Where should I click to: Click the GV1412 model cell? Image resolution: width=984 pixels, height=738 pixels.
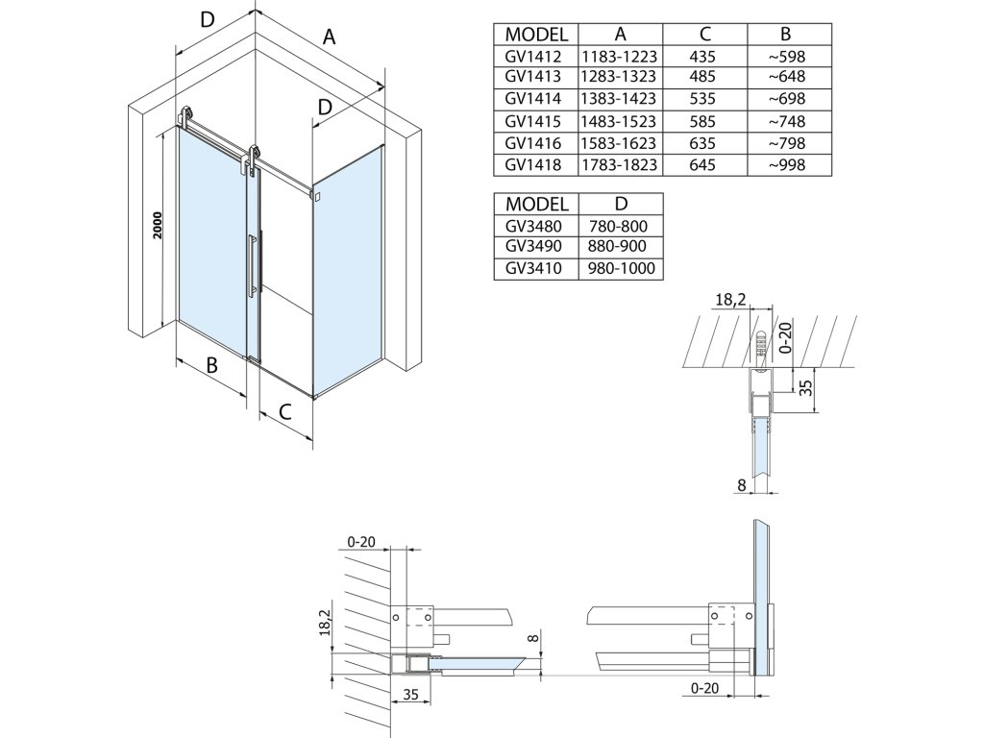click(x=532, y=57)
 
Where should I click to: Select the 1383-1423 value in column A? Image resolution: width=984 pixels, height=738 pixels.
click(x=619, y=99)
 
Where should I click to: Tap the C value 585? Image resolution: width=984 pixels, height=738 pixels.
click(x=702, y=121)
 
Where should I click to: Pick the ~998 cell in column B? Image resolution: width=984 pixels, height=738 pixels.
click(x=787, y=165)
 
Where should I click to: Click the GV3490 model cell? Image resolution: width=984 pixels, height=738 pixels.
click(x=533, y=246)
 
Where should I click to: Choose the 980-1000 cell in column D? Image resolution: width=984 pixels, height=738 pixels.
click(x=622, y=269)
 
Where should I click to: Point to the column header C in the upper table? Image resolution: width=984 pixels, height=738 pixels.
click(x=705, y=34)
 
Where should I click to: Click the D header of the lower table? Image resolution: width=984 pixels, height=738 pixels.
click(x=621, y=204)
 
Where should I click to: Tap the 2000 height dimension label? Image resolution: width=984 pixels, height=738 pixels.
click(x=158, y=225)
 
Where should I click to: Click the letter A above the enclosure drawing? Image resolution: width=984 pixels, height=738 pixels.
click(x=329, y=37)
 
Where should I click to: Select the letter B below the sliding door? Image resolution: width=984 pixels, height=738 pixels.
click(x=212, y=364)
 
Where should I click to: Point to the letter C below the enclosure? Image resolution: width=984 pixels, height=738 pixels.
click(x=284, y=412)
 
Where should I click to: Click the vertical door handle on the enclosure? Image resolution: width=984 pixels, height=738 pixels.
click(x=252, y=264)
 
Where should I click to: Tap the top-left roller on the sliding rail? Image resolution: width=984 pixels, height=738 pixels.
click(x=185, y=116)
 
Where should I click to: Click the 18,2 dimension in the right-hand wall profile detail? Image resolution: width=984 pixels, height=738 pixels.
click(x=730, y=300)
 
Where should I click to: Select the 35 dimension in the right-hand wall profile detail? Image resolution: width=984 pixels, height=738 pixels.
click(x=807, y=386)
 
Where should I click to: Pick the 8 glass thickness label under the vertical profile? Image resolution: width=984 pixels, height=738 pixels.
click(x=742, y=484)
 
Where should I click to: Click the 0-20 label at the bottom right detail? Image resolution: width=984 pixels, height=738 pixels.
click(x=704, y=688)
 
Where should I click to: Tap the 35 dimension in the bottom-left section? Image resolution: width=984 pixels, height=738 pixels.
click(x=410, y=695)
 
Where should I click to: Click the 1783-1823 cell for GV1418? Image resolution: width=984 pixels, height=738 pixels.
click(x=619, y=165)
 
